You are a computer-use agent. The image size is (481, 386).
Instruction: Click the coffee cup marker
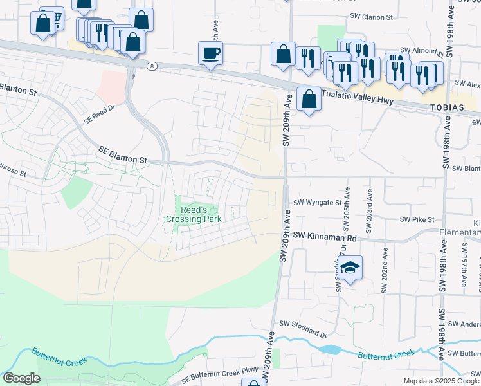[x=211, y=53]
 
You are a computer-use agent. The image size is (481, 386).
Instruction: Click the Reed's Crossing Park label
[x=194, y=215]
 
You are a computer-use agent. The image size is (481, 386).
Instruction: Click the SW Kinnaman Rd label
[x=325, y=237]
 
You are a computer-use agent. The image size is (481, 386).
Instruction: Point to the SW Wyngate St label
[x=318, y=203]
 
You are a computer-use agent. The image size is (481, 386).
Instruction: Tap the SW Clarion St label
[x=371, y=17]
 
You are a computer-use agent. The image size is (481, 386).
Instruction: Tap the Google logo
[x=21, y=378]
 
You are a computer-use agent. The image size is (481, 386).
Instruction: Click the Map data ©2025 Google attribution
[x=440, y=381]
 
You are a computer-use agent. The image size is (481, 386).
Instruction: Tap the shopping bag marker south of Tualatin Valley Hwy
[x=309, y=100]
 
